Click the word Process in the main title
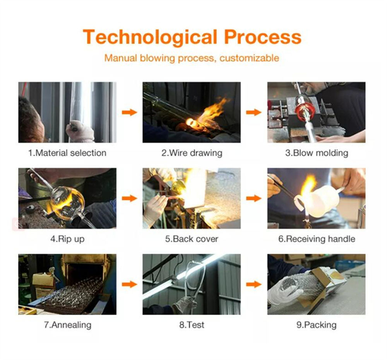(x=263, y=37)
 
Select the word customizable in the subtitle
(x=249, y=58)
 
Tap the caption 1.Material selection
(x=67, y=153)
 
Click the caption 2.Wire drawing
(x=192, y=153)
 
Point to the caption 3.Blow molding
(x=317, y=153)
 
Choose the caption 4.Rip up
(x=67, y=239)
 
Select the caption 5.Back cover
(x=192, y=239)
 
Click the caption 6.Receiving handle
(x=317, y=239)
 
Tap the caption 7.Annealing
(x=67, y=325)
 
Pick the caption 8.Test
(x=192, y=325)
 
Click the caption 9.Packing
(x=317, y=325)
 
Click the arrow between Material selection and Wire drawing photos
(x=129, y=112)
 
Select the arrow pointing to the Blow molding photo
(x=254, y=112)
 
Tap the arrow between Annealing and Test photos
(x=129, y=284)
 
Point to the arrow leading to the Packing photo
(x=254, y=284)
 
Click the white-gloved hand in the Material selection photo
(x=79, y=131)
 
